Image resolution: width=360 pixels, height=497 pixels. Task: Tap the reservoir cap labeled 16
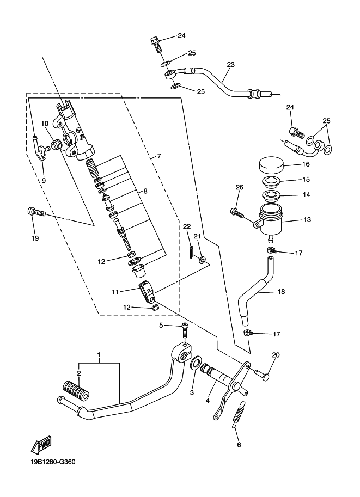pos(271,164)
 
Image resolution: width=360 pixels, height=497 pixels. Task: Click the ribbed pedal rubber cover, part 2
pos(76,390)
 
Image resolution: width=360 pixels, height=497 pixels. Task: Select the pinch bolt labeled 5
pos(185,330)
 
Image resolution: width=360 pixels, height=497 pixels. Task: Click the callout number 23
pos(230,65)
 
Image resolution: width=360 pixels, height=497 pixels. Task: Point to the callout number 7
pos(159,156)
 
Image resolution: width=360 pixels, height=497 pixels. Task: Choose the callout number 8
pos(145,191)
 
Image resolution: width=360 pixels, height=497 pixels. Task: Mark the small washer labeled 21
pos(202,261)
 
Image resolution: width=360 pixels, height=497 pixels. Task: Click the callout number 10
pos(45,123)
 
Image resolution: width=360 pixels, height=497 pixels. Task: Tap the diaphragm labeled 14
pos(271,195)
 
